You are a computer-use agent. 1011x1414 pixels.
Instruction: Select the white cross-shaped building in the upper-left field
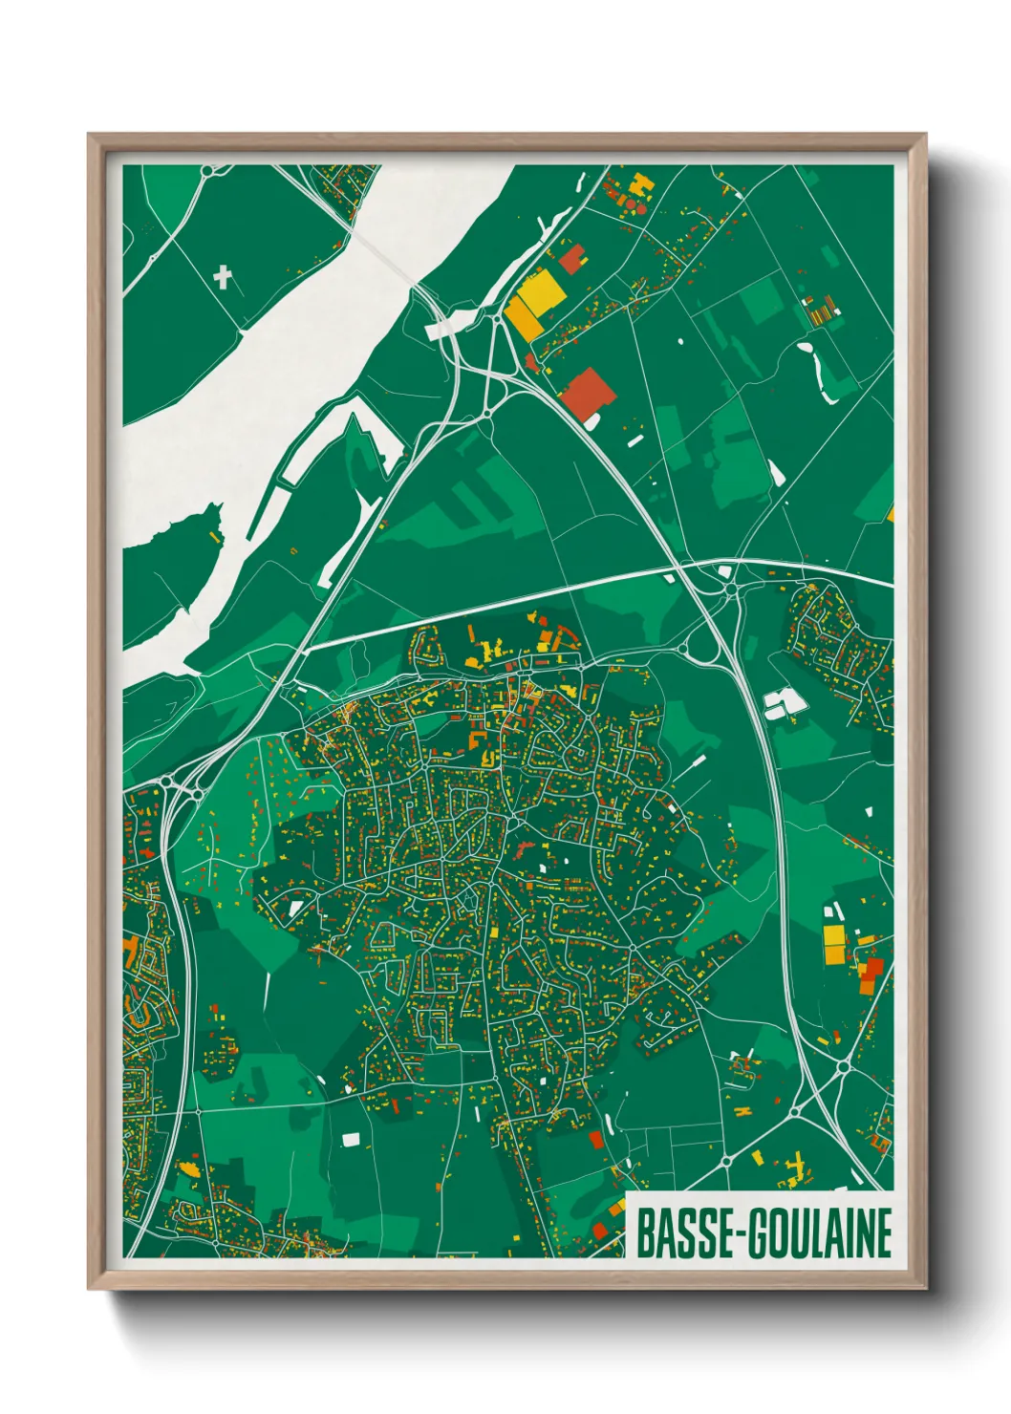tap(223, 278)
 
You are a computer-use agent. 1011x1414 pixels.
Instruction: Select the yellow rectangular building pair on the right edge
tap(834, 942)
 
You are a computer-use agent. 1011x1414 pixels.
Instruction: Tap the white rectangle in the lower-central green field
tap(351, 1139)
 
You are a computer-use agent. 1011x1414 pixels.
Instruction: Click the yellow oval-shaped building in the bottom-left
tap(190, 1168)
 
